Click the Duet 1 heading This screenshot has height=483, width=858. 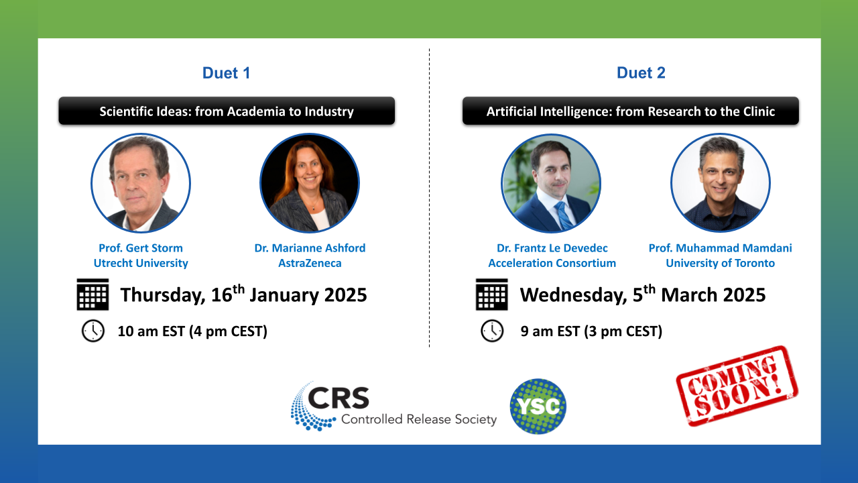click(226, 73)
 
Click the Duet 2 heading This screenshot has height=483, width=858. click(641, 73)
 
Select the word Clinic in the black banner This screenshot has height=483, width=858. click(759, 111)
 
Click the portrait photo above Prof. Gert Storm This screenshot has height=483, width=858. click(141, 183)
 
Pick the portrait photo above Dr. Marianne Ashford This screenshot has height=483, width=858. click(310, 183)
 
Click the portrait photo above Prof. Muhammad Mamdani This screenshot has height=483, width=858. click(720, 183)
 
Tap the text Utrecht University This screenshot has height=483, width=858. click(141, 264)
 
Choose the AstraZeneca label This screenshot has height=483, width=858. click(310, 264)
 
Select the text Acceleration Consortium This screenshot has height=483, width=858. click(552, 264)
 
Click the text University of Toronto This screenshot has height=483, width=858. click(720, 264)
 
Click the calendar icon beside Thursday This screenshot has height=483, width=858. click(93, 294)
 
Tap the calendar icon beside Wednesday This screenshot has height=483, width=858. click(492, 294)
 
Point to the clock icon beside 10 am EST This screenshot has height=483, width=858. click(93, 331)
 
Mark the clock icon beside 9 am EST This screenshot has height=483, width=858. click(492, 331)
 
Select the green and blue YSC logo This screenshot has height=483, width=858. click(538, 407)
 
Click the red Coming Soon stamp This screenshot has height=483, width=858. click(737, 386)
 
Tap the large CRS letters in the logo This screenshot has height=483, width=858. click(339, 398)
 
